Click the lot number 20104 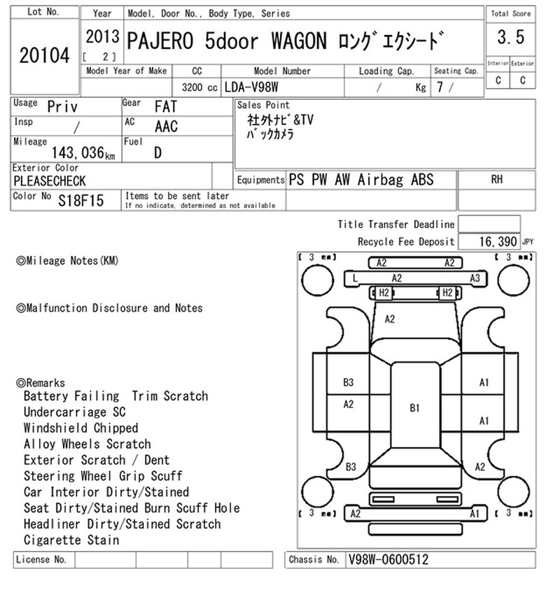pyautogui.click(x=45, y=55)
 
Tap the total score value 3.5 pyautogui.click(x=511, y=37)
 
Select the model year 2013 pyautogui.click(x=102, y=37)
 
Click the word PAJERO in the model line pyautogui.click(x=160, y=41)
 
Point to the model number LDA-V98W pyautogui.click(x=251, y=87)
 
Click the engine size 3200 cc pyautogui.click(x=199, y=87)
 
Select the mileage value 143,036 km pyautogui.click(x=83, y=152)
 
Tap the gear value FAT pyautogui.click(x=166, y=107)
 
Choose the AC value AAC pyautogui.click(x=166, y=126)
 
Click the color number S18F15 pyautogui.click(x=80, y=201)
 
